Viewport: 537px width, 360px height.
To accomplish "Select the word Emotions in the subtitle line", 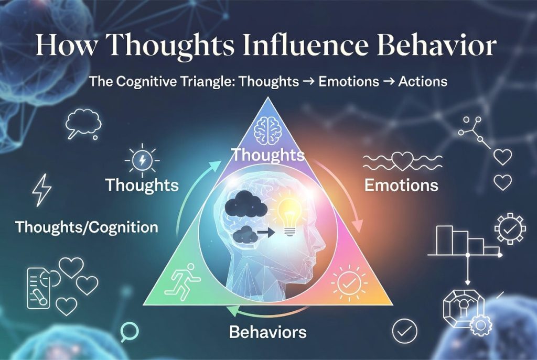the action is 349,81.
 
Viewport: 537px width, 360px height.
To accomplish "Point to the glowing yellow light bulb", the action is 289,217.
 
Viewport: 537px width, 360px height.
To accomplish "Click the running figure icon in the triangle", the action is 182,282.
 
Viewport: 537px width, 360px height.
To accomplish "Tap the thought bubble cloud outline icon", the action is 83,124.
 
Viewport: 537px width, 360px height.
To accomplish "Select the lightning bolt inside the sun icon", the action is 143,160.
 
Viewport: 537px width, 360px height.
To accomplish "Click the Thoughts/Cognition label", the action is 87,227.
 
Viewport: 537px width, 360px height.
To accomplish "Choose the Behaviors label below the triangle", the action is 268,332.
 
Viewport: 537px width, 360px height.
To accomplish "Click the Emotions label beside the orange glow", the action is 401,185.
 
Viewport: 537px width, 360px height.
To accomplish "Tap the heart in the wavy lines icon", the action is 402,160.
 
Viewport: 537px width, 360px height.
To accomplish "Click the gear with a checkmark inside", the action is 510,228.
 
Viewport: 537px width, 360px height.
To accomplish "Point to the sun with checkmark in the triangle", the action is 349,283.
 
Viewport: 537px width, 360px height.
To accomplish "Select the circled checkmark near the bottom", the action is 404,331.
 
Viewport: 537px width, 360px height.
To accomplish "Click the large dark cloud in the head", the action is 246,204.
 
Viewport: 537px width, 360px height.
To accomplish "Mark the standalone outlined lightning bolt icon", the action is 42,190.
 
